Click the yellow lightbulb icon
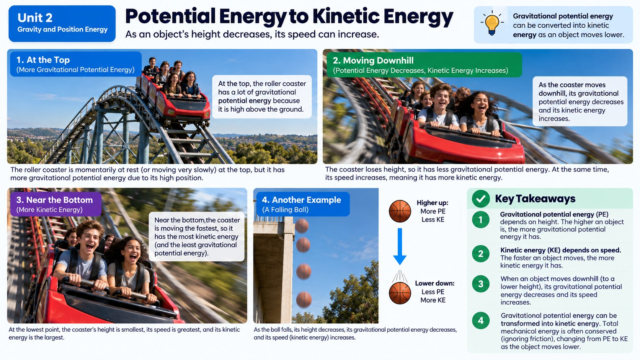492,23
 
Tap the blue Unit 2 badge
62,23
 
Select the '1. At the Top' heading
76,64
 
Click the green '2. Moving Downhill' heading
424,65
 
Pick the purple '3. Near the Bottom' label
56,204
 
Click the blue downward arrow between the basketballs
400,246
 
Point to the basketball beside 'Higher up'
400,211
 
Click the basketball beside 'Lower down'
400,293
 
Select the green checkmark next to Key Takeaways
481,199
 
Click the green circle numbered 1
480,220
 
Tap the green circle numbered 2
480,254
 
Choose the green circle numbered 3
480,284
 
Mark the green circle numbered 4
480,320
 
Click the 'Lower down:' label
434,283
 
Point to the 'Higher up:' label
432,203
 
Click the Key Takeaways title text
535,199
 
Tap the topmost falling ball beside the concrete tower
302,226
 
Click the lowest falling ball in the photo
304,299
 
